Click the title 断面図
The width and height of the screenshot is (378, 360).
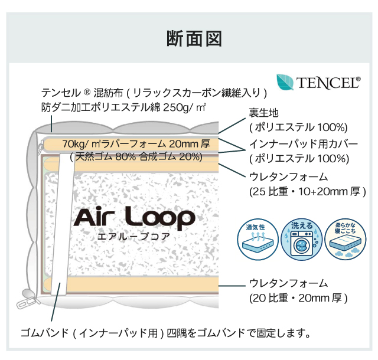click(x=194, y=38)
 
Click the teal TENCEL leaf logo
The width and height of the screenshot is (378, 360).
click(x=285, y=81)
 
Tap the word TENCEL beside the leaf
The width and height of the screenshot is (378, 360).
click(x=328, y=83)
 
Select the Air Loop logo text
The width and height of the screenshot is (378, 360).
click(x=134, y=218)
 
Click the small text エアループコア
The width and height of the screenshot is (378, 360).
click(x=134, y=237)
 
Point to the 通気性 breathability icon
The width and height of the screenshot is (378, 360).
click(x=258, y=239)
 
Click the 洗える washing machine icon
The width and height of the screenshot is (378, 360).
click(x=302, y=239)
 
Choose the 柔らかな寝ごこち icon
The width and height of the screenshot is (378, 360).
click(x=345, y=239)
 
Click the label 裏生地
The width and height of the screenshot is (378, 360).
click(x=263, y=113)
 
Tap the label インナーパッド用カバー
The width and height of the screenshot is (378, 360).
click(x=303, y=144)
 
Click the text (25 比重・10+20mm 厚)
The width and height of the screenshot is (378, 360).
click(x=308, y=192)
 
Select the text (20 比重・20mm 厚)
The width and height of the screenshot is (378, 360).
click(x=298, y=298)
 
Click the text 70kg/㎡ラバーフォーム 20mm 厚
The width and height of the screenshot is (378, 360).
click(x=136, y=144)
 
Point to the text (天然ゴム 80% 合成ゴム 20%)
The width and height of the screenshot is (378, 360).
click(x=136, y=157)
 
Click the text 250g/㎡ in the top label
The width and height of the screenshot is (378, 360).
click(x=185, y=107)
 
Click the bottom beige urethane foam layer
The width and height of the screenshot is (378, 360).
click(x=142, y=285)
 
